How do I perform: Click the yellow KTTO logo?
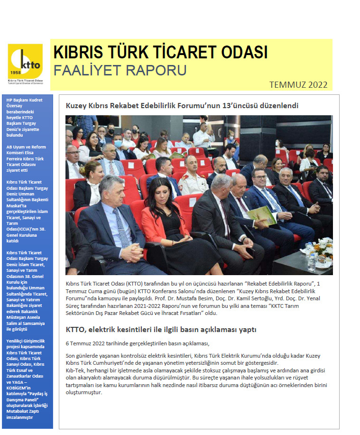[x=25, y=61]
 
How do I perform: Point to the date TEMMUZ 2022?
[x=298, y=85]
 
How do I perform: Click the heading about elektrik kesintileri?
[x=161, y=329]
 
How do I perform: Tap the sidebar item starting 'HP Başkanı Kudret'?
[x=26, y=114]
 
